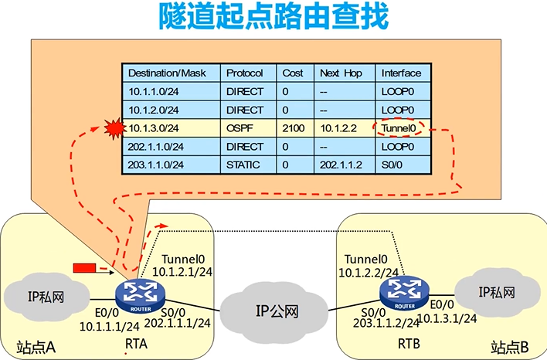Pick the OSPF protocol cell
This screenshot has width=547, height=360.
237,128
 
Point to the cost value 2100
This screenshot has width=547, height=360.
294,128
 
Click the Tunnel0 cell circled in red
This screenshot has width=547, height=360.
399,127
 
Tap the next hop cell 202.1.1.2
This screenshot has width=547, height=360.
341,165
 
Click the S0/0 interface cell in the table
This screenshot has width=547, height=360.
392,165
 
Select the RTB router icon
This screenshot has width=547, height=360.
402,290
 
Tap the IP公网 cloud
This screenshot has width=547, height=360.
277,311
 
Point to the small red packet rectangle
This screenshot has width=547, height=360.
84,268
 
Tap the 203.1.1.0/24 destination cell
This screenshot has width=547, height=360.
155,165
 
